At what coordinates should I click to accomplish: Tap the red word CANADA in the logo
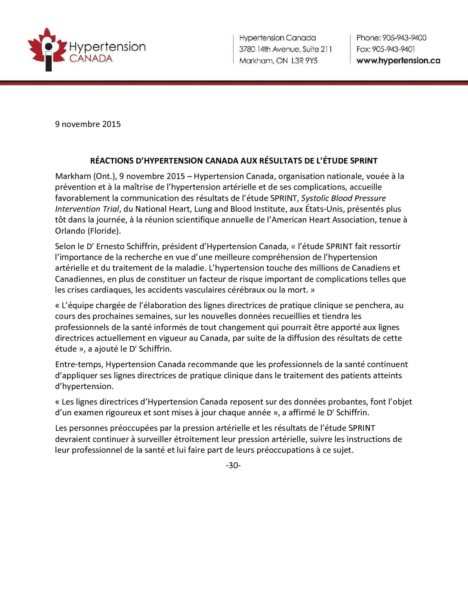click(x=91, y=59)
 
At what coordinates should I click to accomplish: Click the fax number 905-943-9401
click(x=394, y=49)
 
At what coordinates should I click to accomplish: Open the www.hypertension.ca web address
click(x=398, y=61)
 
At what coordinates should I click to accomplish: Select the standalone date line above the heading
click(x=88, y=124)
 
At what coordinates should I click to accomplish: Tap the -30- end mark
click(x=233, y=465)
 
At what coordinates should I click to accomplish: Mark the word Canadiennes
click(x=80, y=279)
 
